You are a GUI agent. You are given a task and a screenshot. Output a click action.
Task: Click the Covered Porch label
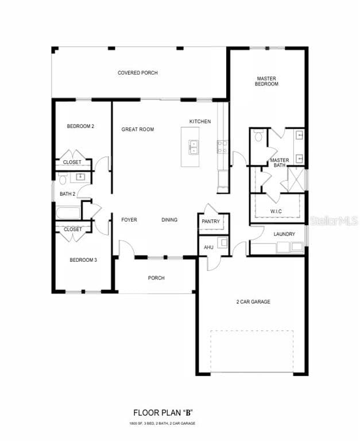coord(137,73)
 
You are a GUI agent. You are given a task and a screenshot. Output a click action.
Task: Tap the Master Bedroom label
coord(266,81)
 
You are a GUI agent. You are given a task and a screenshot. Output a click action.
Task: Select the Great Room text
coord(137,129)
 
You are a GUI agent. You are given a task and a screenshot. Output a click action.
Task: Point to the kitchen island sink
coord(193,148)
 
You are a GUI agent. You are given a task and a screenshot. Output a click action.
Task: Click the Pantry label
coord(210,221)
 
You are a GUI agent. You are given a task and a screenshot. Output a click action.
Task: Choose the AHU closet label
coord(208,247)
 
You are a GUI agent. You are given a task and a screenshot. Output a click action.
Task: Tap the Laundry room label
coord(284,234)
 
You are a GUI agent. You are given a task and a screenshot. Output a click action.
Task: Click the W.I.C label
coord(276,211)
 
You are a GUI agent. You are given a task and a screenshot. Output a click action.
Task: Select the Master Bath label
coord(279,163)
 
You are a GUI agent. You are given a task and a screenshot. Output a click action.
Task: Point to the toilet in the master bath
coord(258,136)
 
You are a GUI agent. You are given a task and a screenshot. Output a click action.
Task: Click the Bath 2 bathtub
coord(68,213)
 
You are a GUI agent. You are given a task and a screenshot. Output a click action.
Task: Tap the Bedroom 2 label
coord(80,126)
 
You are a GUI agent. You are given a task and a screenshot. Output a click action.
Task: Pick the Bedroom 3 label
coord(83,260)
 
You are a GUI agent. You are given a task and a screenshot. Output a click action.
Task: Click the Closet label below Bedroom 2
coord(72,163)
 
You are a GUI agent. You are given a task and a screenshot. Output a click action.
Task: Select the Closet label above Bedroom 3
coord(72,229)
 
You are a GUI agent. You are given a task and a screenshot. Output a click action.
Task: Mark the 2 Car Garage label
coord(253,301)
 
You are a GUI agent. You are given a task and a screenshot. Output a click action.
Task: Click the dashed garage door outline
coord(251,351)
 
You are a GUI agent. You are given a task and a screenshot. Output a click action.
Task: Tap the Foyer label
coord(129,219)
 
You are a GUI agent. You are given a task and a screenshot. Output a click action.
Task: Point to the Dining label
coord(169,219)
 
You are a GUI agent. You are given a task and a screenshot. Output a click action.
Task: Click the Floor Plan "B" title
coord(161,412)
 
